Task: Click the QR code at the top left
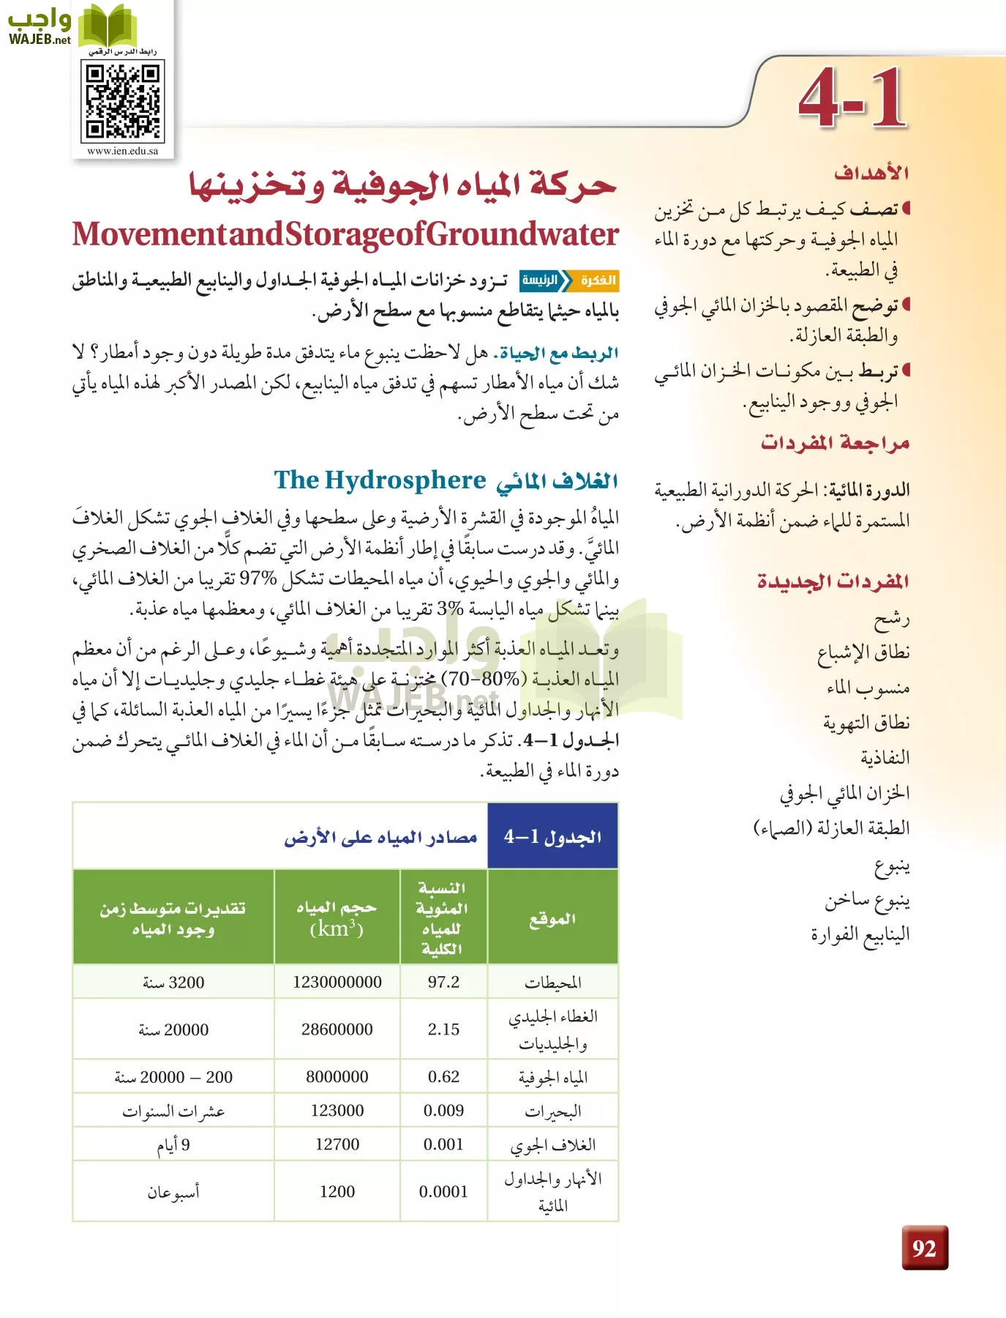click(122, 101)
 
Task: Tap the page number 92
click(924, 1248)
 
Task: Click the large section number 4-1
click(853, 99)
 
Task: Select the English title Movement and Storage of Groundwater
click(345, 234)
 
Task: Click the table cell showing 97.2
click(443, 982)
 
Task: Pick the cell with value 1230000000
click(337, 982)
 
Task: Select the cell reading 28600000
click(337, 1029)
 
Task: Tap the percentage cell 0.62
click(443, 1076)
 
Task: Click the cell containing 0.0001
click(443, 1191)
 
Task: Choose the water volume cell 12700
click(337, 1144)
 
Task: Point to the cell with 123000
click(337, 1110)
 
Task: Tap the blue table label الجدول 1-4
click(552, 836)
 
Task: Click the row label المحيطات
click(552, 983)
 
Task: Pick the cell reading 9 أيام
click(173, 1144)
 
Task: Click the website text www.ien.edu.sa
click(122, 151)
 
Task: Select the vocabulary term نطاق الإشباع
click(863, 652)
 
